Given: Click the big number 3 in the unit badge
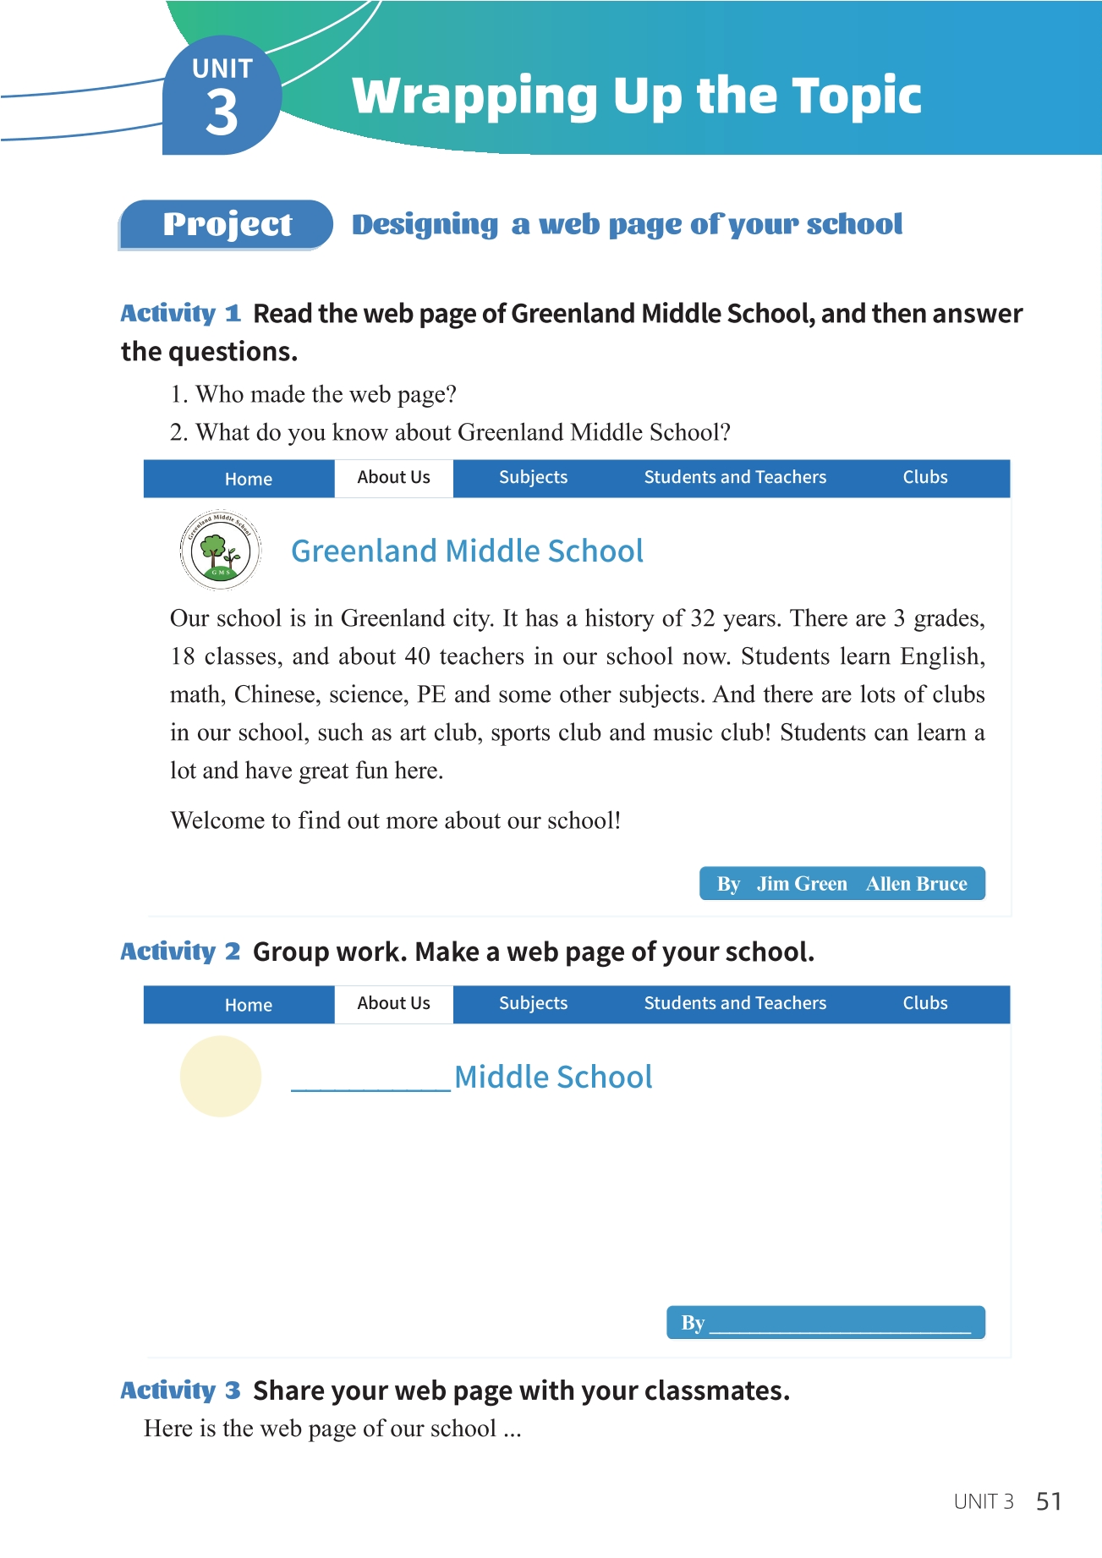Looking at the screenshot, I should [222, 112].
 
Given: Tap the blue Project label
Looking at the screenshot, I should [227, 224].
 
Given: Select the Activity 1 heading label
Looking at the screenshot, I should [180, 314].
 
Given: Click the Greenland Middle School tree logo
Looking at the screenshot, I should [221, 551].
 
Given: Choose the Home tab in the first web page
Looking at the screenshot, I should [248, 480].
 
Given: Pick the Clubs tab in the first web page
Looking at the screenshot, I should [924, 478].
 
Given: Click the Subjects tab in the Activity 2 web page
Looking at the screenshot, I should [533, 1004].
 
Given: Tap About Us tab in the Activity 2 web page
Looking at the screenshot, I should [393, 1004].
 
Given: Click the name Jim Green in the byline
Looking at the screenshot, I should [802, 885].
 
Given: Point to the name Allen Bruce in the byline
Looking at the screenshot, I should [916, 885].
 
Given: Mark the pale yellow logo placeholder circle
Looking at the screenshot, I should [221, 1077].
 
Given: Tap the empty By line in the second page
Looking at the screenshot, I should [840, 1324].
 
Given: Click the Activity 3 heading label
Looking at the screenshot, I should [180, 1391].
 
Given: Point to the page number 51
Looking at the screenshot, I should [1049, 1501].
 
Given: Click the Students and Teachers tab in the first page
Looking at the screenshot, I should [734, 478].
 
